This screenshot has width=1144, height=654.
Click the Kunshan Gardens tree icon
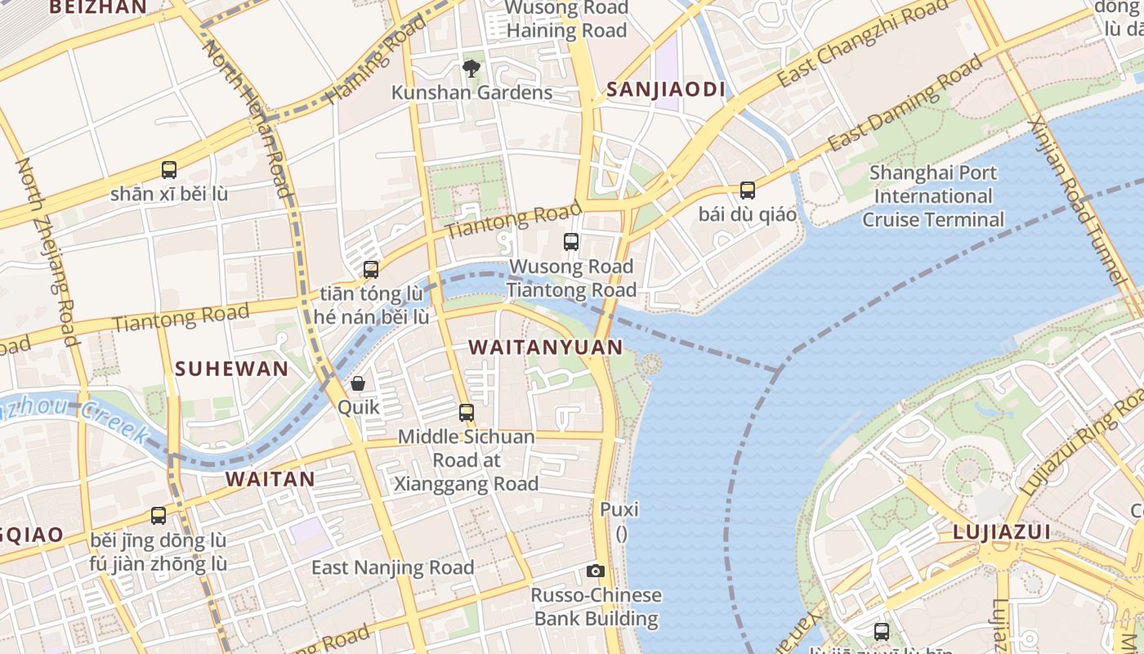[x=471, y=68]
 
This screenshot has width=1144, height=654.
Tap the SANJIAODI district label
[x=666, y=90]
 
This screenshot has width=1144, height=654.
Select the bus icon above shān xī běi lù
[x=169, y=170]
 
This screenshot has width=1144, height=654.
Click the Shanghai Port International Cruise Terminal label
[x=933, y=196]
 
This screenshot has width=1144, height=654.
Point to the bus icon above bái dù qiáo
[x=748, y=190]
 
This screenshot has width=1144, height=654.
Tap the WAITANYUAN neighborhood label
[x=546, y=347]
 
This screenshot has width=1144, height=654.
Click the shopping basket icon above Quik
[x=358, y=383]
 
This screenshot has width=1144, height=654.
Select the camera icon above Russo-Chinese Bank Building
[x=596, y=571]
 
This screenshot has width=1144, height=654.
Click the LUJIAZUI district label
[x=1001, y=533]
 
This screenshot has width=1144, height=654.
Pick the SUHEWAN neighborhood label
[x=232, y=369]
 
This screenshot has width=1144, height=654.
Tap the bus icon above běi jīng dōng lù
[x=159, y=516]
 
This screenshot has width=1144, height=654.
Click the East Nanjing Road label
[x=393, y=567]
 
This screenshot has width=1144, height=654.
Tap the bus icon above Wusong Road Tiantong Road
[x=571, y=242]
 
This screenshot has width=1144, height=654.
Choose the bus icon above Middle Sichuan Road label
[x=467, y=413]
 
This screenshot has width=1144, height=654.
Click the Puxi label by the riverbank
[x=619, y=510]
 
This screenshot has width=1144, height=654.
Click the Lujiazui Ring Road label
[x=1084, y=441]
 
